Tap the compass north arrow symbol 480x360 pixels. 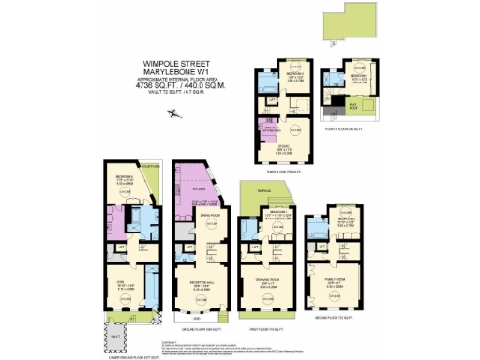(172, 113)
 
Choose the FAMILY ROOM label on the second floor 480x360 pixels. (336, 278)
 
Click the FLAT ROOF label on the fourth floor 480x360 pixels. (355, 107)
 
